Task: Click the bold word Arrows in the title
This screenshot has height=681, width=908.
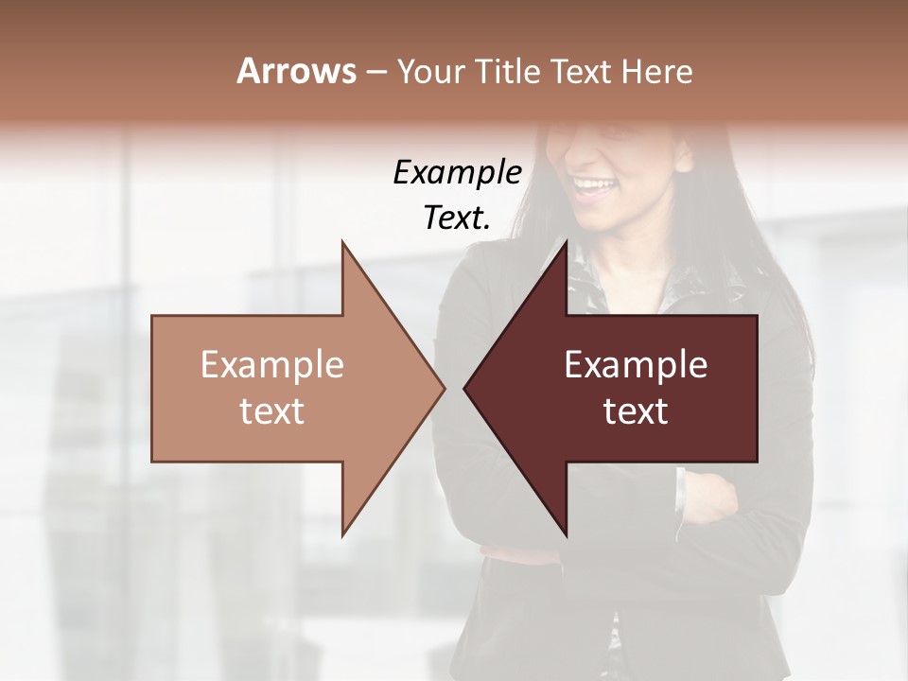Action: click(x=296, y=71)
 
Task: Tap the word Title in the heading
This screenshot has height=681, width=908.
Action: click(x=511, y=72)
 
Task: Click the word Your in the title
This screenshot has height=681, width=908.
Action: click(x=430, y=73)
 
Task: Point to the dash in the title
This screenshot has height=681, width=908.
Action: click(x=376, y=73)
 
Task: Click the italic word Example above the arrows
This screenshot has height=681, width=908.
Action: click(x=457, y=173)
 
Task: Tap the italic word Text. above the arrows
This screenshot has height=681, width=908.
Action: click(x=457, y=218)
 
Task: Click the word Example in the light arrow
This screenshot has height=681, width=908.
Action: click(x=271, y=365)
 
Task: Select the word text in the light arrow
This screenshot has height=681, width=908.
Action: click(x=271, y=411)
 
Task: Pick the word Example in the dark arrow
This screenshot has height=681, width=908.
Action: click(x=636, y=365)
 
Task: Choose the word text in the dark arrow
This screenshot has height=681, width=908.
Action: click(x=636, y=411)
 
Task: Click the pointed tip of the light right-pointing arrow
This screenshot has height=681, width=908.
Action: click(x=445, y=388)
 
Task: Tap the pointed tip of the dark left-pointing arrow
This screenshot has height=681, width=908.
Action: click(x=464, y=388)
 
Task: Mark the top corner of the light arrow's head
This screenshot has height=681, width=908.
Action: click(x=342, y=242)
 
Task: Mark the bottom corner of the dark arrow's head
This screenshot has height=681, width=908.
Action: click(x=567, y=535)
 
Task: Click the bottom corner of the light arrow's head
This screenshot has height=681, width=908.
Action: click(x=342, y=535)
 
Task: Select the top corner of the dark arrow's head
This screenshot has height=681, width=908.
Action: click(x=567, y=242)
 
